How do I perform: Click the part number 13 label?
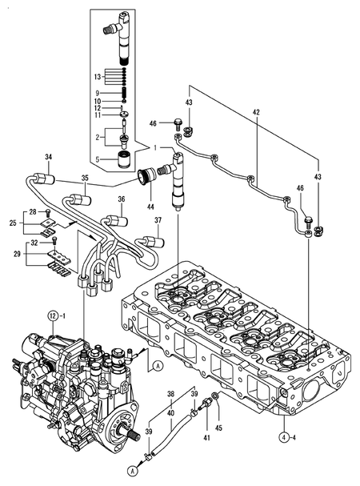(x=98, y=76)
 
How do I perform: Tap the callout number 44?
(x=150, y=207)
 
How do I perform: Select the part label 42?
(x=256, y=112)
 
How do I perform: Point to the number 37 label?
(x=158, y=220)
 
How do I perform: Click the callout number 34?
(x=48, y=157)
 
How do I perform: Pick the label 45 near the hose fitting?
(x=218, y=428)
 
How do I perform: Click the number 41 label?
(x=206, y=438)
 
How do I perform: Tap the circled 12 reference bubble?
(x=53, y=316)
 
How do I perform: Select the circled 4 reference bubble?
(x=283, y=438)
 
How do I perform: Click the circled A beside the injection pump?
(x=158, y=366)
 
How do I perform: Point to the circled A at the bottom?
(x=133, y=480)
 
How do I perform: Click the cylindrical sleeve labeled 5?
(x=125, y=159)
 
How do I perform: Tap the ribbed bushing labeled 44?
(x=146, y=175)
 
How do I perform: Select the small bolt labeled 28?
(x=47, y=213)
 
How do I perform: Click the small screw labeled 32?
(x=55, y=240)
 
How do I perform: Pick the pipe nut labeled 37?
(x=153, y=242)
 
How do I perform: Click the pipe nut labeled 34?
(x=44, y=179)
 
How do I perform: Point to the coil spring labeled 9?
(x=124, y=92)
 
